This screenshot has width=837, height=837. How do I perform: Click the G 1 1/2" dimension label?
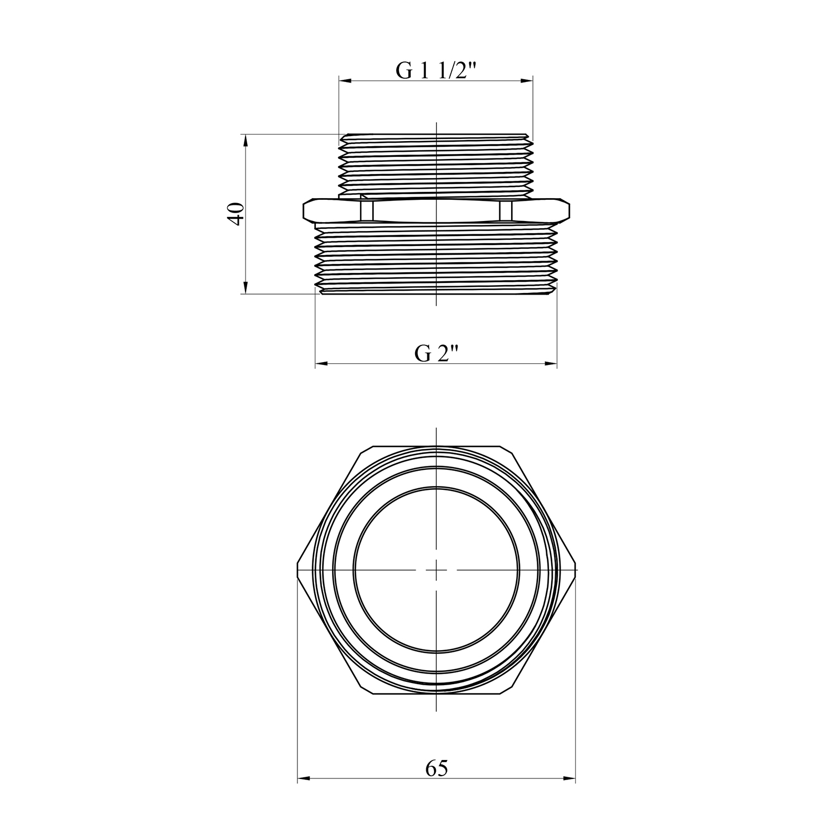437,71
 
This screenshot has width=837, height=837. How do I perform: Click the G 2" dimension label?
436,353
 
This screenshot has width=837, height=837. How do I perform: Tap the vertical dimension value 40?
236,213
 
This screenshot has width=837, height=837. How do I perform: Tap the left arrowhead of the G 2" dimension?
322,364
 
